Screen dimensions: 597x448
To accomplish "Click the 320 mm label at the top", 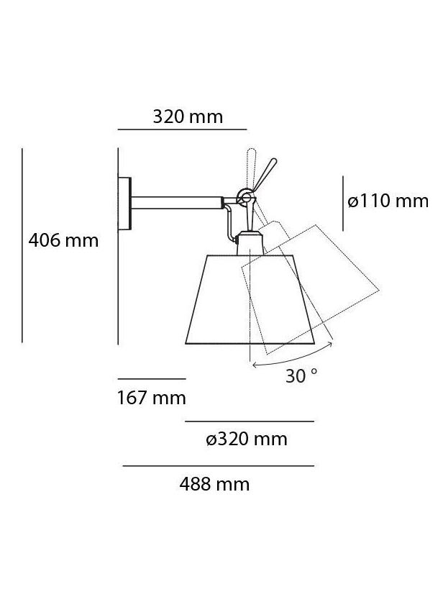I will coord(188,117).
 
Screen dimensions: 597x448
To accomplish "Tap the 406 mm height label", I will coord(63,240).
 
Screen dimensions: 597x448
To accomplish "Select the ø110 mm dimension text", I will coord(388,201).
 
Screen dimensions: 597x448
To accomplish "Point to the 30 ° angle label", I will coord(301,375).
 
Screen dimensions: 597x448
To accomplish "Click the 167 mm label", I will coord(151,397).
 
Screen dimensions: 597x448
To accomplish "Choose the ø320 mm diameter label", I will coord(247,439).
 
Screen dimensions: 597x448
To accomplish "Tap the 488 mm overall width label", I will coord(214,484).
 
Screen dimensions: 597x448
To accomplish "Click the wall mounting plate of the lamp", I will coord(126,204).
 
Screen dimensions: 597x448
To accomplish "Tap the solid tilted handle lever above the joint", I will coord(265,172).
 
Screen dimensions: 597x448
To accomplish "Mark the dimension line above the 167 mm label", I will coord(151,378).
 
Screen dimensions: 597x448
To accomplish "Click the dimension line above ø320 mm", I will coord(250,421).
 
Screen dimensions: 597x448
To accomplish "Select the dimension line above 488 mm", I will coord(218,466).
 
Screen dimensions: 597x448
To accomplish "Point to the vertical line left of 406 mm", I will coord(22,245).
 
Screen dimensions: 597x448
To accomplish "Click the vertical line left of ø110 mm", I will coord(343,203).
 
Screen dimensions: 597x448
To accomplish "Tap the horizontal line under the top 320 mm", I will coord(182,129).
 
